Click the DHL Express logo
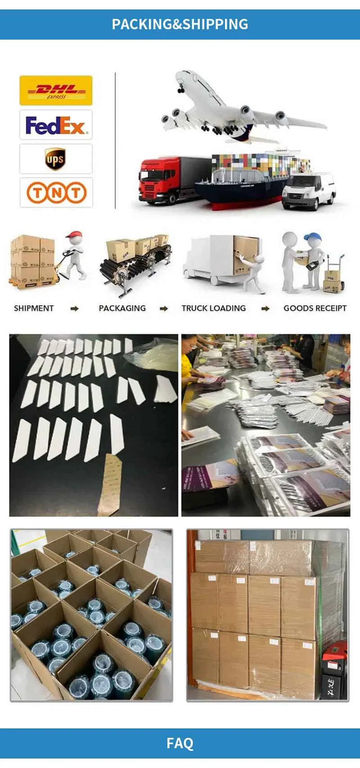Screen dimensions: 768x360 tap(56, 90)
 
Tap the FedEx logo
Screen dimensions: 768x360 tap(56, 125)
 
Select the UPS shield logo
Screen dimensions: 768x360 tap(55, 159)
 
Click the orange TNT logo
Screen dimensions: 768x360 tap(56, 193)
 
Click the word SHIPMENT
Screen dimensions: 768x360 tap(34, 308)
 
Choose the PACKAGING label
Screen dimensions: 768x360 tap(122, 308)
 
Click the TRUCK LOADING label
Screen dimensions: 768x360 tap(213, 308)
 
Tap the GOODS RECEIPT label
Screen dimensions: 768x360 tap(315, 308)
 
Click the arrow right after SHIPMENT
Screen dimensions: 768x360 tap(75, 309)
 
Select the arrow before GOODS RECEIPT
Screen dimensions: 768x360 tap(265, 309)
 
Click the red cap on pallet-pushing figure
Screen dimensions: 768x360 tap(74, 235)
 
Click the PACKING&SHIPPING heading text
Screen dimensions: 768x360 tap(180, 24)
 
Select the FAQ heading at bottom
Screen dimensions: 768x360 tap(180, 743)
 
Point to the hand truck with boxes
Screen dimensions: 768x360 tap(334, 275)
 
